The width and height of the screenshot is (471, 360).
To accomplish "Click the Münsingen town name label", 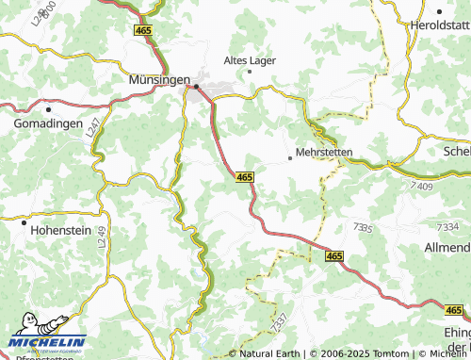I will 157,81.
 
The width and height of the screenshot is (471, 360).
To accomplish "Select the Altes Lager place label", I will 249,59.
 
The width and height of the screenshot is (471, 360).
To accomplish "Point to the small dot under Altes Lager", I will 249,71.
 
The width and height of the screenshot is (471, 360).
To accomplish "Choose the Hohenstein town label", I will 58,227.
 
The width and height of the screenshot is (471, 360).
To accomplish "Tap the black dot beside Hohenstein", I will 23,222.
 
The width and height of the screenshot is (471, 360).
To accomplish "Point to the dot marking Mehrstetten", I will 289,158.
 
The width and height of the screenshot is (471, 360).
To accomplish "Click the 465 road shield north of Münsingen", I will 144,31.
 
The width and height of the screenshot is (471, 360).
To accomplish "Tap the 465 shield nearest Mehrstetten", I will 244,176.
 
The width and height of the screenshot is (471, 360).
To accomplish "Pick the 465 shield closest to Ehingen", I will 453,309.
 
